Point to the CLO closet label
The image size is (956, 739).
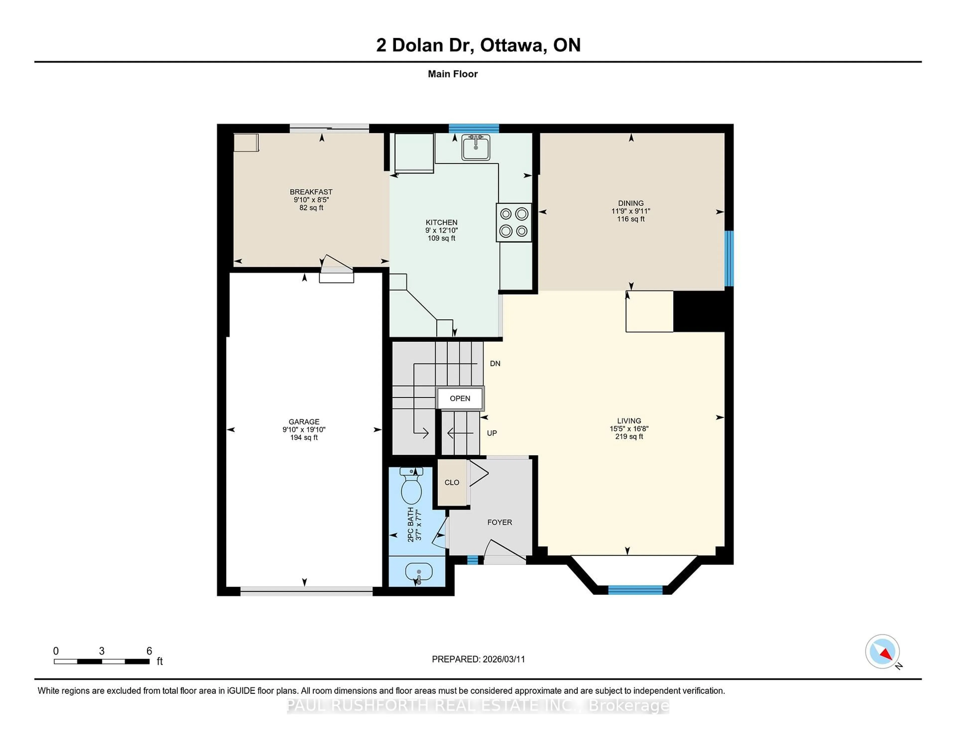[452, 483]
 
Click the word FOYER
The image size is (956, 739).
[499, 522]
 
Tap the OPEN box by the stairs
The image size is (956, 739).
[460, 398]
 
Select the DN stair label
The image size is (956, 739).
[495, 363]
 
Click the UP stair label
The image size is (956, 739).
[492, 433]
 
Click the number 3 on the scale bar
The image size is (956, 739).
[102, 651]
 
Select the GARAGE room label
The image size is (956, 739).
[304, 422]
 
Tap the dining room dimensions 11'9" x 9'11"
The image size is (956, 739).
[631, 211]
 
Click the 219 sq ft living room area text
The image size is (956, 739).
[629, 436]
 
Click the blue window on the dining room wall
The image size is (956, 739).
[729, 258]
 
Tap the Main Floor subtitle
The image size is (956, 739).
[453, 74]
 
